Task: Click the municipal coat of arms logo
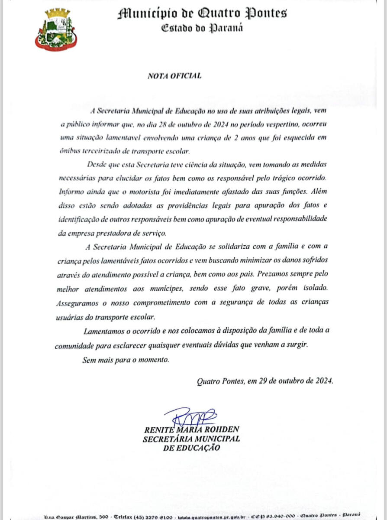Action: coord(55,29)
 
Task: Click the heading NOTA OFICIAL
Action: coord(174,76)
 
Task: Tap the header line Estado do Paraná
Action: coord(202,28)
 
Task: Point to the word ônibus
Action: coord(71,151)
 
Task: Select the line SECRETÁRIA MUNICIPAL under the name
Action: coord(191,439)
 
